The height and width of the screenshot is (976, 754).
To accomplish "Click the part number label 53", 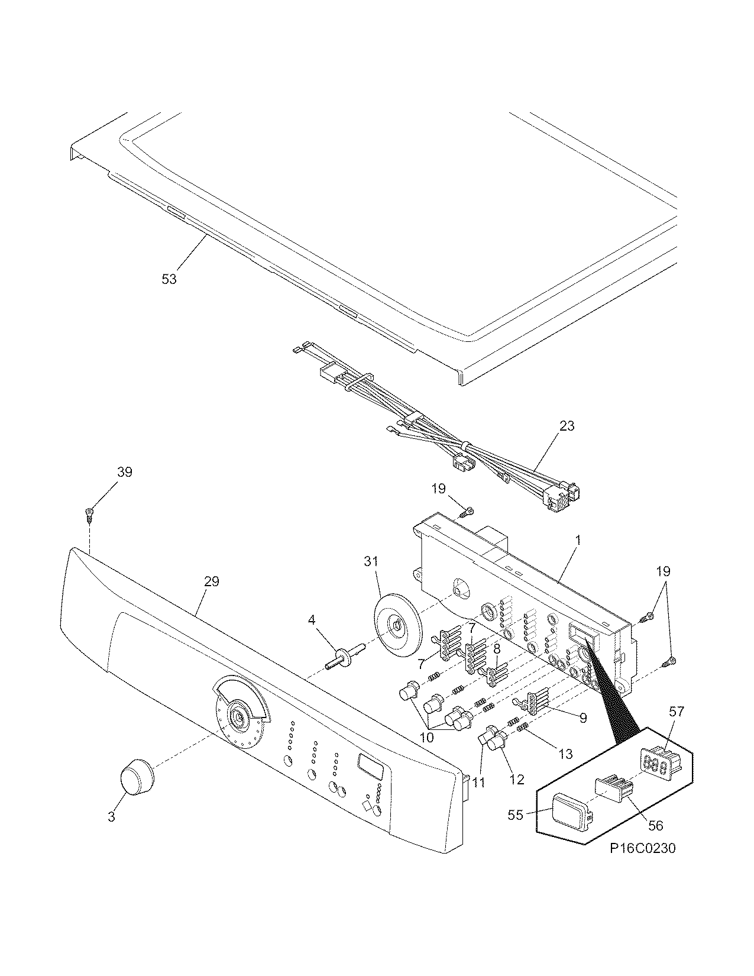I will pos(169,279).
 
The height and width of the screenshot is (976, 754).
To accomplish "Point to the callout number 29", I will pos(211,581).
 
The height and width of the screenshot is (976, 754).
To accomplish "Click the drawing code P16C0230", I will pos(643,848).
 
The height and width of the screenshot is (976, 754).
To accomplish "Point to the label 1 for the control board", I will pos(578,540).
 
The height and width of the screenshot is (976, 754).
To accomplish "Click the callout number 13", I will pos(565,754).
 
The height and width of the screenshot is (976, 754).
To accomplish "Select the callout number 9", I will pos(583,718).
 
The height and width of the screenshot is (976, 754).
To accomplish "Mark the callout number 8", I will pos(497,649).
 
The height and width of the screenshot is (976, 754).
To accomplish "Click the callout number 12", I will pos(516,779).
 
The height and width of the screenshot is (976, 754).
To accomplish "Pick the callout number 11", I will pos(479,782).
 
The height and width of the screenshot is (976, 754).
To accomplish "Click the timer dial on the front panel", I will pos(240,718).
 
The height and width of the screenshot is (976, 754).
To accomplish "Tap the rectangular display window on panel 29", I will pos(370,767).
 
